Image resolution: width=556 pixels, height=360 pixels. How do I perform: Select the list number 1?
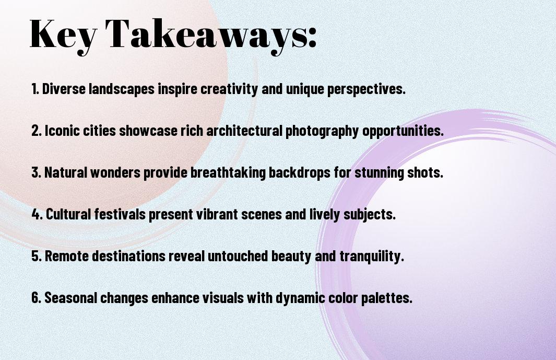35,89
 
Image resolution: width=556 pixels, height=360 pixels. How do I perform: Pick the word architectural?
244,131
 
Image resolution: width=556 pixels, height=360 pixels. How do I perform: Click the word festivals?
120,214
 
